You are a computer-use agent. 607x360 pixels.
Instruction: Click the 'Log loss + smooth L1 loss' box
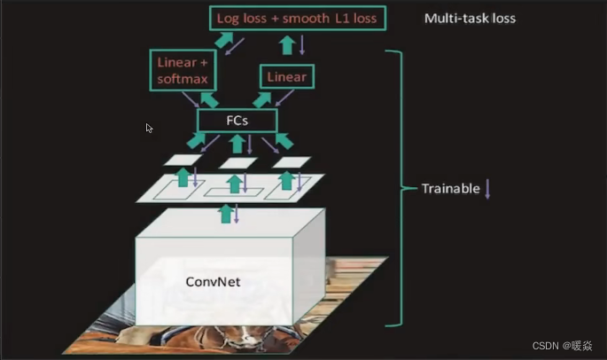299,17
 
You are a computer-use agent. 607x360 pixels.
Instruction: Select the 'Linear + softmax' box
183,71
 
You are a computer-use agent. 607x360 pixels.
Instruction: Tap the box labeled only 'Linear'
285,77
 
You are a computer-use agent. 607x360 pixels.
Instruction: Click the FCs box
237,120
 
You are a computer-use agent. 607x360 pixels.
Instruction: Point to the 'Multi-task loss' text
469,18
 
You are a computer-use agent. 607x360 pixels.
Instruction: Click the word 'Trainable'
451,189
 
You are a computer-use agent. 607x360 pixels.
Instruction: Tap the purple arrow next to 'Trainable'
487,189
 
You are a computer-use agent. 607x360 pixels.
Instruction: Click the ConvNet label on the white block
213,282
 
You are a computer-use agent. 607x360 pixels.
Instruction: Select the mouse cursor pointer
149,128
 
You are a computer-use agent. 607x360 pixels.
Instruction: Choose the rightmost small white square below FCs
292,162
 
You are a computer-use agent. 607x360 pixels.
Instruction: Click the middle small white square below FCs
238,162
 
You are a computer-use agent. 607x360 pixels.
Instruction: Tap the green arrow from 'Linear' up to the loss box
286,45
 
